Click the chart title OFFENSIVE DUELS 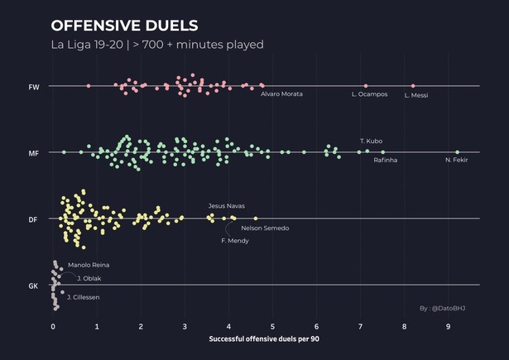(124, 26)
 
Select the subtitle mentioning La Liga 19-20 (156, 44)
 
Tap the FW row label (33, 86)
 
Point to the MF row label (33, 153)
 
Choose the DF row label (33, 219)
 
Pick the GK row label (33, 286)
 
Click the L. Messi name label (415, 95)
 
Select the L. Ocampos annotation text (369, 94)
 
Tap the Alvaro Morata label (281, 94)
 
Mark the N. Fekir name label (456, 160)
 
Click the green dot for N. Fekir (457, 152)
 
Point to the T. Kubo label (370, 142)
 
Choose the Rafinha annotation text (385, 160)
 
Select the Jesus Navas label (226, 205)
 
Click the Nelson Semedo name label (265, 228)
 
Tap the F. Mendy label (235, 241)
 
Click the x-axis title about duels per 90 (264, 339)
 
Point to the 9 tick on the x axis (448, 326)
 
